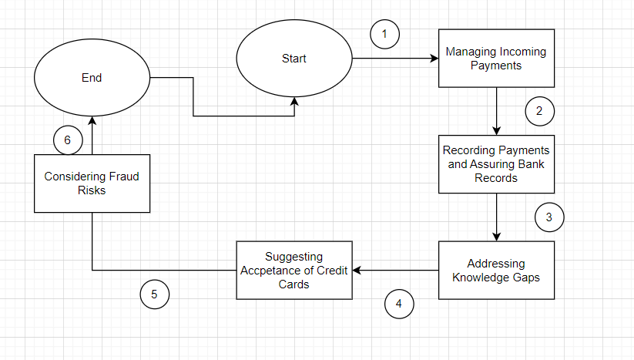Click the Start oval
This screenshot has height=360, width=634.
[x=294, y=59]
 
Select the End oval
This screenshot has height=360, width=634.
[x=91, y=77]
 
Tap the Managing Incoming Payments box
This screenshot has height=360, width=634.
[x=496, y=59]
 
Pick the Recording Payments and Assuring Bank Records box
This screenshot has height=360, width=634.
[x=496, y=164]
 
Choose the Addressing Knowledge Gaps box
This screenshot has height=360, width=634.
[x=496, y=271]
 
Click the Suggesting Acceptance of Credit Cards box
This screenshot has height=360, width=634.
[x=294, y=271]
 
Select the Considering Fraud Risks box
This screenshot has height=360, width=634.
[x=91, y=183]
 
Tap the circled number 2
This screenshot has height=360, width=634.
[x=539, y=110]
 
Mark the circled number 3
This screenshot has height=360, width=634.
[x=548, y=217]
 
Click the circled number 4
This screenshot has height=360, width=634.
[x=398, y=303]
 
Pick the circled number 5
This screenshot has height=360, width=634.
[x=154, y=294]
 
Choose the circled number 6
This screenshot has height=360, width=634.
[x=68, y=140]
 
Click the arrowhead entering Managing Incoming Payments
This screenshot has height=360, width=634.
[x=434, y=59]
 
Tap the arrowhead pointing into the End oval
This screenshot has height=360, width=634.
[x=91, y=120]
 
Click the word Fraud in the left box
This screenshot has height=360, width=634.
[x=124, y=177]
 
